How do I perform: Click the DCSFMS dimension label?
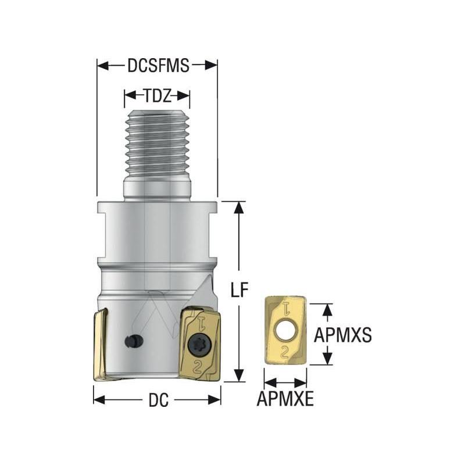[158, 66]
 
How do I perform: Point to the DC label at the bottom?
[158, 400]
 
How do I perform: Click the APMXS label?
[342, 334]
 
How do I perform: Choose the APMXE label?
[285, 400]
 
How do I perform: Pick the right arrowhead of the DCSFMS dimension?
[212, 66]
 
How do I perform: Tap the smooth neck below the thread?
[157, 189]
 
